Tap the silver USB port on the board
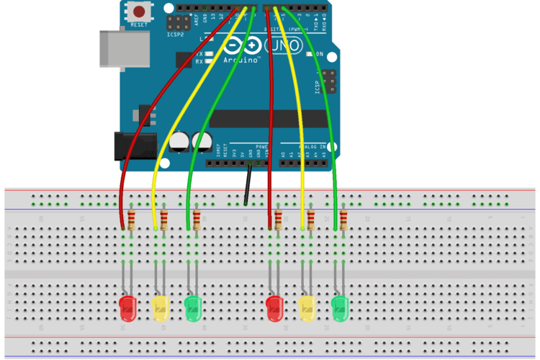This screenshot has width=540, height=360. pos(114,48)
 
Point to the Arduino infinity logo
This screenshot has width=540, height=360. pos(243,45)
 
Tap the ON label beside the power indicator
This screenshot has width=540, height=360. pos(320,53)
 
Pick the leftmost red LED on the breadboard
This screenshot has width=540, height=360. pos(127,307)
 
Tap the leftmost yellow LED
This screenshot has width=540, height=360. pos(161,307)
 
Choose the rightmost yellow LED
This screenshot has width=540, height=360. pos(308,307)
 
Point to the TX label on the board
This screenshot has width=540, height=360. pos(199,53)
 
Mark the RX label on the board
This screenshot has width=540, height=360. pos(199,62)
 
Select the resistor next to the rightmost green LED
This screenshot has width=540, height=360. pos(344,218)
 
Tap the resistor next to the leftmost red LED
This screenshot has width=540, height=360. pos(132,218)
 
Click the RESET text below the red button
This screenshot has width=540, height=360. pos(139,25)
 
